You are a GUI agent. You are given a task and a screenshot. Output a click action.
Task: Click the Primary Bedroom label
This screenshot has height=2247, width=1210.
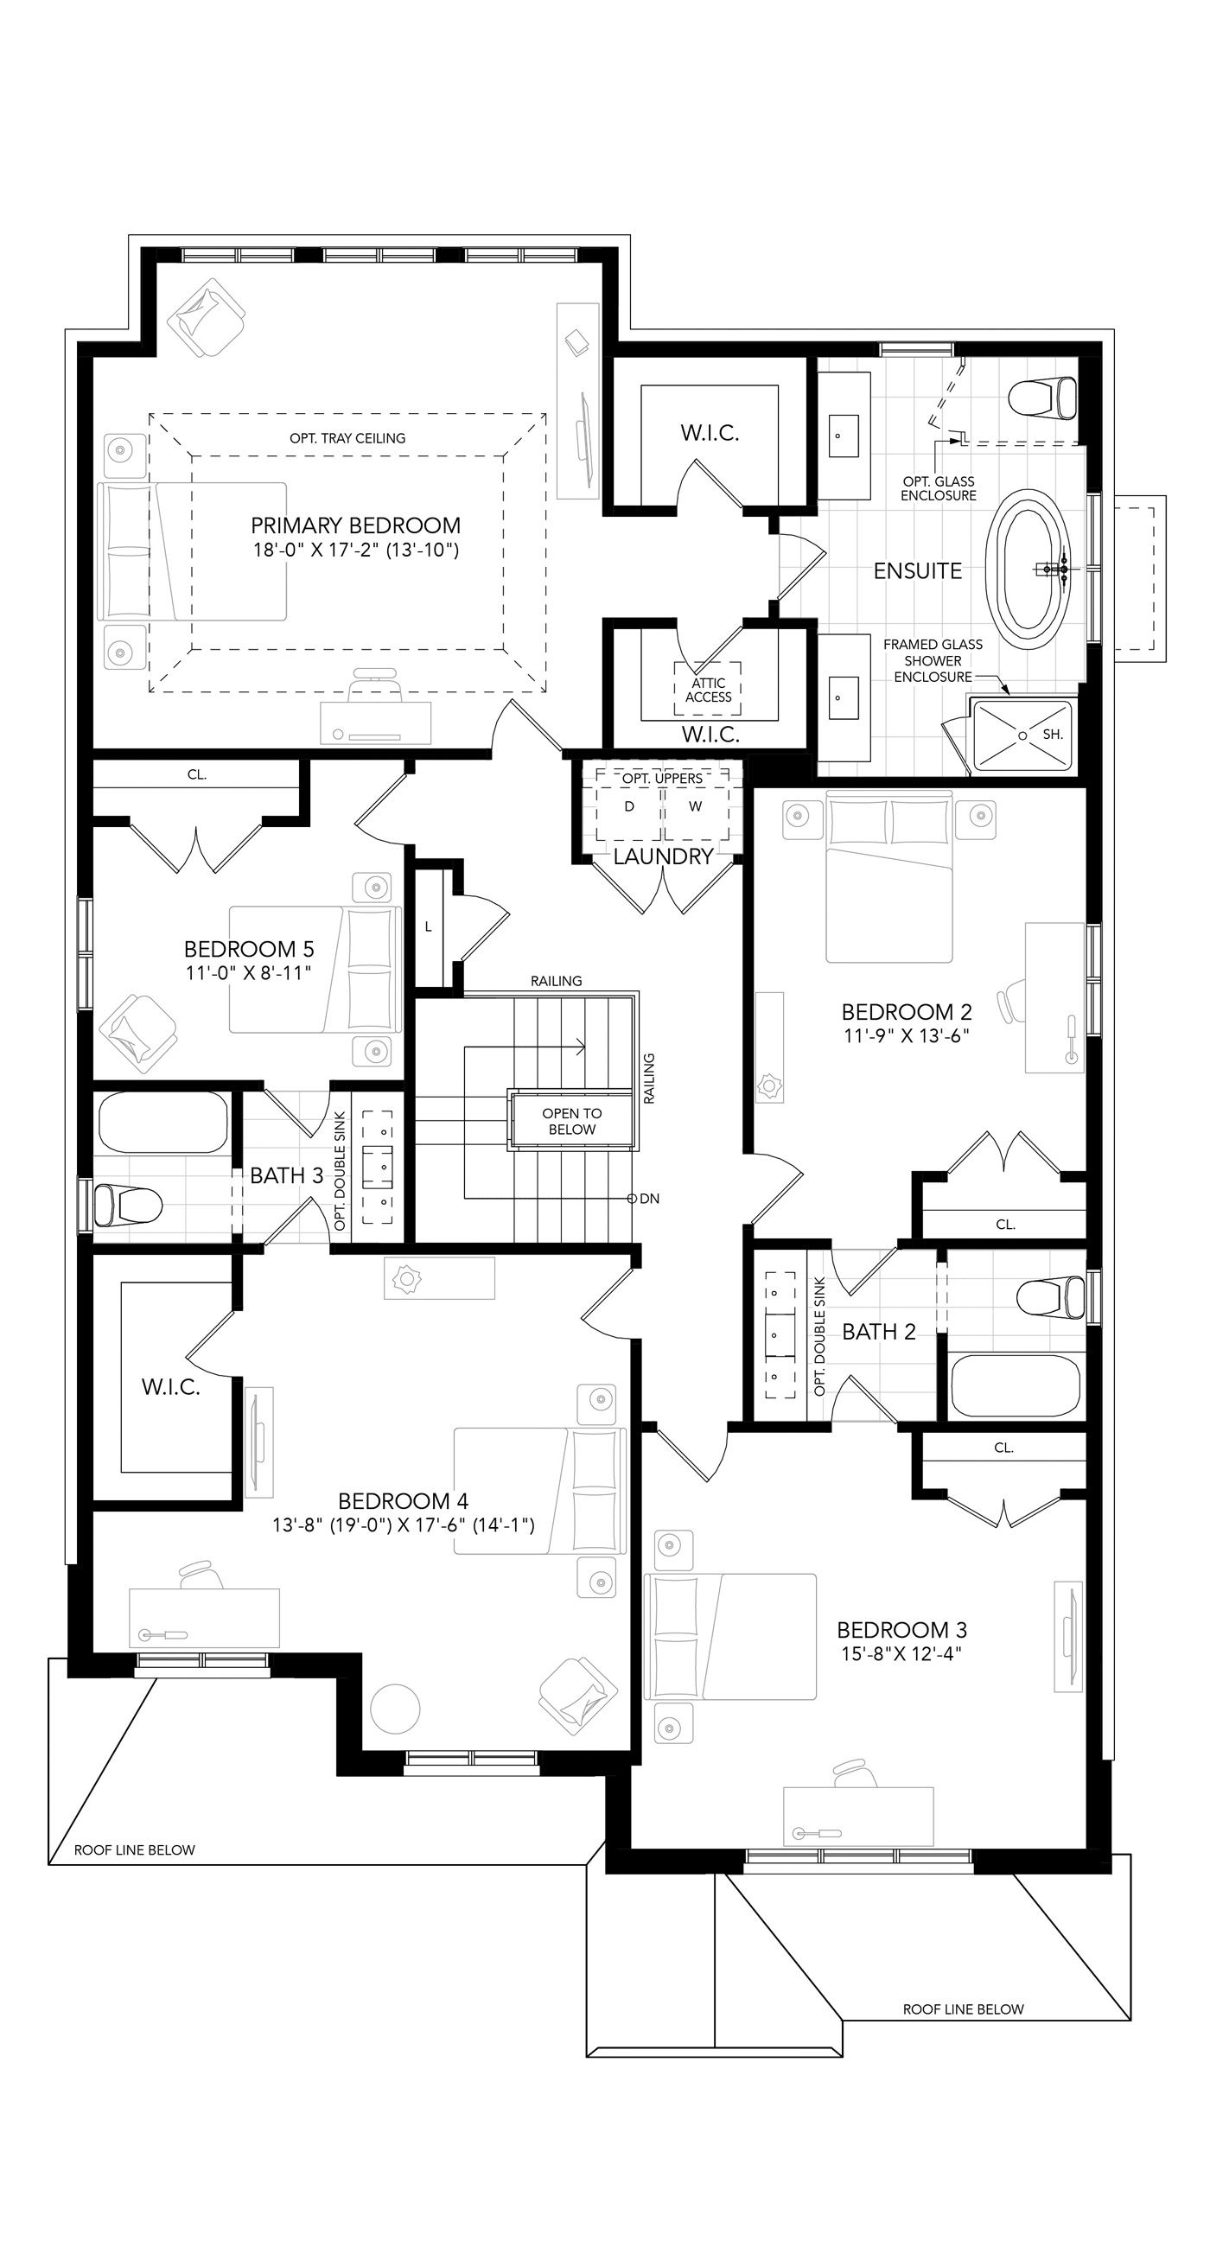[355, 525]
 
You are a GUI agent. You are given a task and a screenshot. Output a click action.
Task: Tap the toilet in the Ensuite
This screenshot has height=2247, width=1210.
[1041, 398]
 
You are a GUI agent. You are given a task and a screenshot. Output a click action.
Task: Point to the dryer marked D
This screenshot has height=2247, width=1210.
[629, 807]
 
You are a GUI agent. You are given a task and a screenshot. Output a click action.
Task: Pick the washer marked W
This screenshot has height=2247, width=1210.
[695, 807]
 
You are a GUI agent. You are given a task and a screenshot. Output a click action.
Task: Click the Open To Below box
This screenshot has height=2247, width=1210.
[571, 1121]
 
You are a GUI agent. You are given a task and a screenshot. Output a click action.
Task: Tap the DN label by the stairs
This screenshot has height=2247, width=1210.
[649, 1199]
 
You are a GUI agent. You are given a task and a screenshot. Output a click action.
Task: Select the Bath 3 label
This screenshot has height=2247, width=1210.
[286, 1175]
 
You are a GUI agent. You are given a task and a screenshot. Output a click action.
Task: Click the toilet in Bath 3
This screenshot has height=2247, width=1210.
[128, 1205]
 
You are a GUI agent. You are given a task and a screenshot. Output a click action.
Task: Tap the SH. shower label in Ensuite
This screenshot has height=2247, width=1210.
[1053, 735]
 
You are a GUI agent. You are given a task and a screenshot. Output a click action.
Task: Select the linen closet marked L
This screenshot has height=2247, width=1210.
[429, 927]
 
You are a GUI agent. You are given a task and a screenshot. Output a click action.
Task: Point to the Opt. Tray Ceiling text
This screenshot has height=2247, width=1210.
[347, 438]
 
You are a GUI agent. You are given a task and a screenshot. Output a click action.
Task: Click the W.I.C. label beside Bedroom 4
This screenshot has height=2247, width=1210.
[171, 1387]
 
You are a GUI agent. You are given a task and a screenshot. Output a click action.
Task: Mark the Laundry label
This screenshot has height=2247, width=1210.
[663, 856]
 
